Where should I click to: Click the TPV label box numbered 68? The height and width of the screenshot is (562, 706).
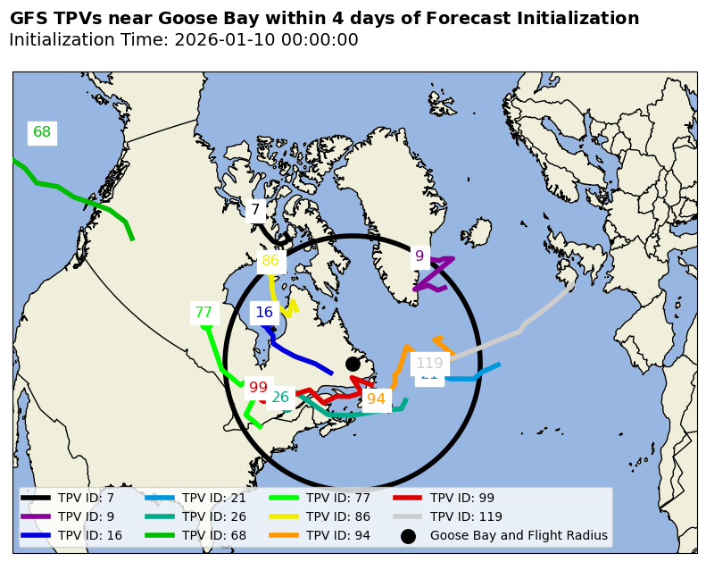(x=42, y=132)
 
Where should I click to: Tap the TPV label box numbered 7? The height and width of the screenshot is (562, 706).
(x=255, y=210)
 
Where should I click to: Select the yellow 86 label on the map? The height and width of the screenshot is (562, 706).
(x=270, y=261)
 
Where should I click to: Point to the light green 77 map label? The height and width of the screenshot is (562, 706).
(x=203, y=313)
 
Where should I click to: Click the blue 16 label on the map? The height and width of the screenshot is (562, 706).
(x=264, y=312)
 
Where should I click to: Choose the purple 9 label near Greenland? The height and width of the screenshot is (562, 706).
(x=419, y=256)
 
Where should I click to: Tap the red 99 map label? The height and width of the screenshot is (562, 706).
(x=258, y=387)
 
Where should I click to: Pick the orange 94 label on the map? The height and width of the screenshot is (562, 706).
(x=376, y=398)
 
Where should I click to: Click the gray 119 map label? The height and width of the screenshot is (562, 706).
(x=429, y=363)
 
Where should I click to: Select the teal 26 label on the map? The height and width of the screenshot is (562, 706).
(x=280, y=398)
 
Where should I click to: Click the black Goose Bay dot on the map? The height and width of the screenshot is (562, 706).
(x=353, y=364)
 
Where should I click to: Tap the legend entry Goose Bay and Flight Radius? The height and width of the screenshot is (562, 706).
(x=519, y=536)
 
